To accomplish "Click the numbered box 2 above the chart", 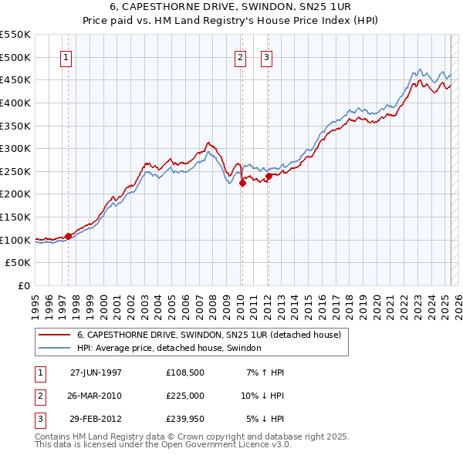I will pos(240,58).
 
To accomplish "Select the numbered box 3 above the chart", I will pos(266,58).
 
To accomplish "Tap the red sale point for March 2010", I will pos(242,183).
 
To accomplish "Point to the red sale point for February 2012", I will pos(269,176).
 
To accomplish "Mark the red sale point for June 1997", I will pos(69,236).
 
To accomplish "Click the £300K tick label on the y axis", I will pos(15,148).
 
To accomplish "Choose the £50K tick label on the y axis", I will pos(19,263).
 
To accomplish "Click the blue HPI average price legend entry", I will pos(169,348).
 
